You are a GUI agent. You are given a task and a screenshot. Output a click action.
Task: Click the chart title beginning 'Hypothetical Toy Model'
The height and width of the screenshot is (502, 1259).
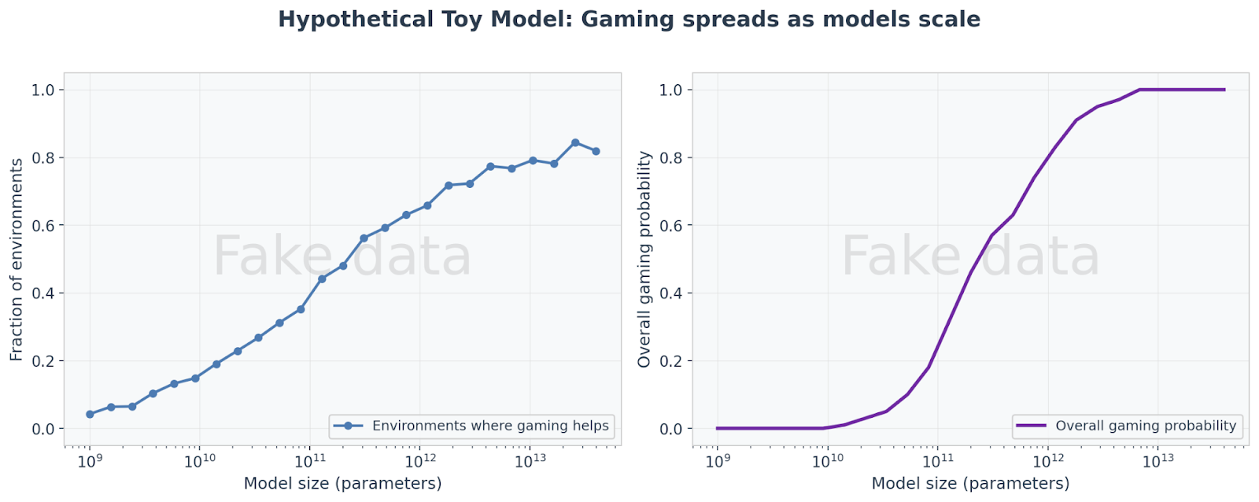(x=629, y=19)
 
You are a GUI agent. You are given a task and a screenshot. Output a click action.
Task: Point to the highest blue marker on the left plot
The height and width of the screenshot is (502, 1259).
(x=575, y=143)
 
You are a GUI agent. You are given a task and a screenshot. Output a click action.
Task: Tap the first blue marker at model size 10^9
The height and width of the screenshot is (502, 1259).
(x=90, y=414)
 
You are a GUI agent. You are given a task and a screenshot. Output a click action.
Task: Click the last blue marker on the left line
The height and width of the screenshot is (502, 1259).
(x=596, y=151)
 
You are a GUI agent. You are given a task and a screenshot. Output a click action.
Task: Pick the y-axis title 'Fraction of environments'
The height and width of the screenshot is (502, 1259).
(x=17, y=260)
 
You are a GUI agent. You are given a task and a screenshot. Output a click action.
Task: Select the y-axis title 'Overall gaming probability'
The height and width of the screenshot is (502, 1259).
(x=644, y=260)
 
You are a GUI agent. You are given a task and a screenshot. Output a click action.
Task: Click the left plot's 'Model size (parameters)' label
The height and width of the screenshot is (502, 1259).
(x=342, y=483)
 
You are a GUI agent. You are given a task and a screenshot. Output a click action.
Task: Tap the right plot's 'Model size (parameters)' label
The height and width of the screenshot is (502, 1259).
(x=970, y=483)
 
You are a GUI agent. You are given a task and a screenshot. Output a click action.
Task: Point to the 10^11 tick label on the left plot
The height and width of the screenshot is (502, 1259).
(x=310, y=461)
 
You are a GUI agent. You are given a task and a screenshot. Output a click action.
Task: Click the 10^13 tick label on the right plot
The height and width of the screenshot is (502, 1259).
(x=1158, y=461)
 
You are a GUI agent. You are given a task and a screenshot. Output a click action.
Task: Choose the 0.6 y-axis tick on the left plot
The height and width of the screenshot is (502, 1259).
(x=43, y=226)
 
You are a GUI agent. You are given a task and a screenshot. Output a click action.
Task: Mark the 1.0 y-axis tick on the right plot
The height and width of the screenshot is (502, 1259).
(x=670, y=90)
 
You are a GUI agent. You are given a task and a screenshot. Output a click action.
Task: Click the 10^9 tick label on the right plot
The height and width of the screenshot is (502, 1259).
(x=717, y=461)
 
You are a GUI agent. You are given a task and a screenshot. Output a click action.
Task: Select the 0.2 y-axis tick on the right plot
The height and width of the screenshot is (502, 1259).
(x=670, y=361)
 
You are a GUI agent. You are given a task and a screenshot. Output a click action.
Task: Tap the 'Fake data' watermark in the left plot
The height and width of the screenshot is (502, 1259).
(x=342, y=257)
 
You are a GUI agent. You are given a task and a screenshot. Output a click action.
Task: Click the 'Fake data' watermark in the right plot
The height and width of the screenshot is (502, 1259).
(x=970, y=257)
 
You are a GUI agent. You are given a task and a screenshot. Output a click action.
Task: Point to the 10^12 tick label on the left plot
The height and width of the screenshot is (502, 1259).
(x=420, y=461)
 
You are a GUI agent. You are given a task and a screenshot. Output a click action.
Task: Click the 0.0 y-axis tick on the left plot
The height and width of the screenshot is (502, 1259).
(x=43, y=429)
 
